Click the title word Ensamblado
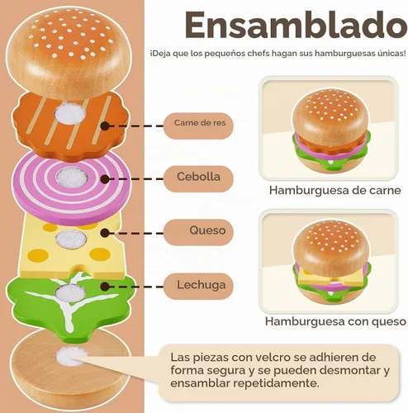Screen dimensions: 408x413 coord(296,26)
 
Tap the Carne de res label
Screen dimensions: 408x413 coord(198,126)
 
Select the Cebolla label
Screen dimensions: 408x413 coord(198,178)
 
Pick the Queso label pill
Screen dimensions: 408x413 coord(198,232)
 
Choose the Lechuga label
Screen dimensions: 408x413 coord(198,286)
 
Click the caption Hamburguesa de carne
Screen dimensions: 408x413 coord(334,190)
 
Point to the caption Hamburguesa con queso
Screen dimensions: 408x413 coord(335,321)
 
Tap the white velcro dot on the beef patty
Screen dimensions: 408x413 coord(69,113)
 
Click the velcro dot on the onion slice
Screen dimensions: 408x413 coord(72,177)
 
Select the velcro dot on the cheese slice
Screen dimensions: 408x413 coord(70,239)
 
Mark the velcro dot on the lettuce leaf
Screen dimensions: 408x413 coord(69,292)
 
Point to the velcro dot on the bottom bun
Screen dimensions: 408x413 coord(70,356)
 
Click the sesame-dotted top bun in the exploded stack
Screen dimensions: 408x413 coord(69,51)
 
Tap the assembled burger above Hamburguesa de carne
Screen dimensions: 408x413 coord(330,131)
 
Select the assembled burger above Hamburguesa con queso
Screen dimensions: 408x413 coord(331,262)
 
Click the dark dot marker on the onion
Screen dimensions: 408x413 coord(105,179)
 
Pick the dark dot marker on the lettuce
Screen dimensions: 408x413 coord(105,287)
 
